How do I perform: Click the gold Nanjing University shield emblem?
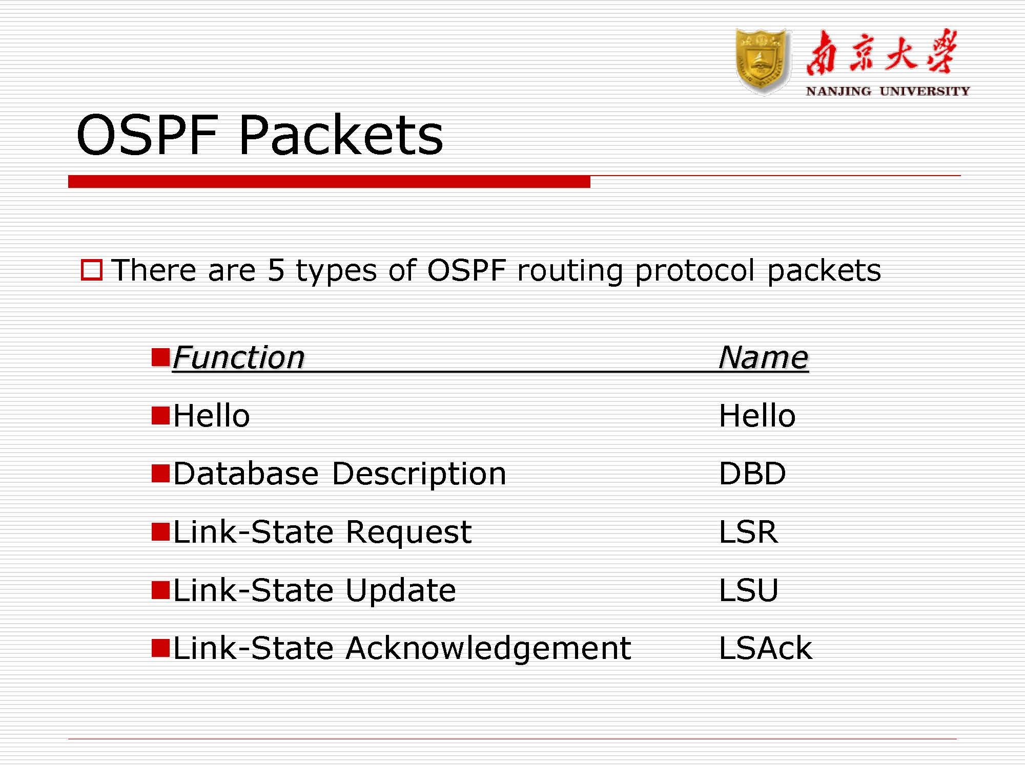[x=762, y=61]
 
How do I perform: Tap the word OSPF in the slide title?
[x=148, y=135]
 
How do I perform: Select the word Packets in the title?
[x=341, y=135]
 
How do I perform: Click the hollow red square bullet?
[x=92, y=270]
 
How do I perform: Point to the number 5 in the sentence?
[x=276, y=270]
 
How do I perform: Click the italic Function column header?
[x=239, y=357]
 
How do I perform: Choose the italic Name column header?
[x=763, y=357]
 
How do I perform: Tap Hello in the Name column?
[x=757, y=415]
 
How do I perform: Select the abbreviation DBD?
[x=752, y=473]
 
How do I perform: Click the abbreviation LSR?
[x=748, y=531]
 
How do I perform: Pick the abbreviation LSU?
[x=748, y=590]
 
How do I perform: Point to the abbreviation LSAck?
[x=765, y=648]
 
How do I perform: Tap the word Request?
[x=408, y=531]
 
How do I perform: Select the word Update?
[x=400, y=590]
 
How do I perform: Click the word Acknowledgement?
[x=488, y=648]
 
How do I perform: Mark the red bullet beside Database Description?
[x=160, y=473]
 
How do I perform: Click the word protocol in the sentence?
[x=694, y=270]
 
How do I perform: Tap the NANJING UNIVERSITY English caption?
[x=888, y=91]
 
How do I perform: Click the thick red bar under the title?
[x=329, y=182]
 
